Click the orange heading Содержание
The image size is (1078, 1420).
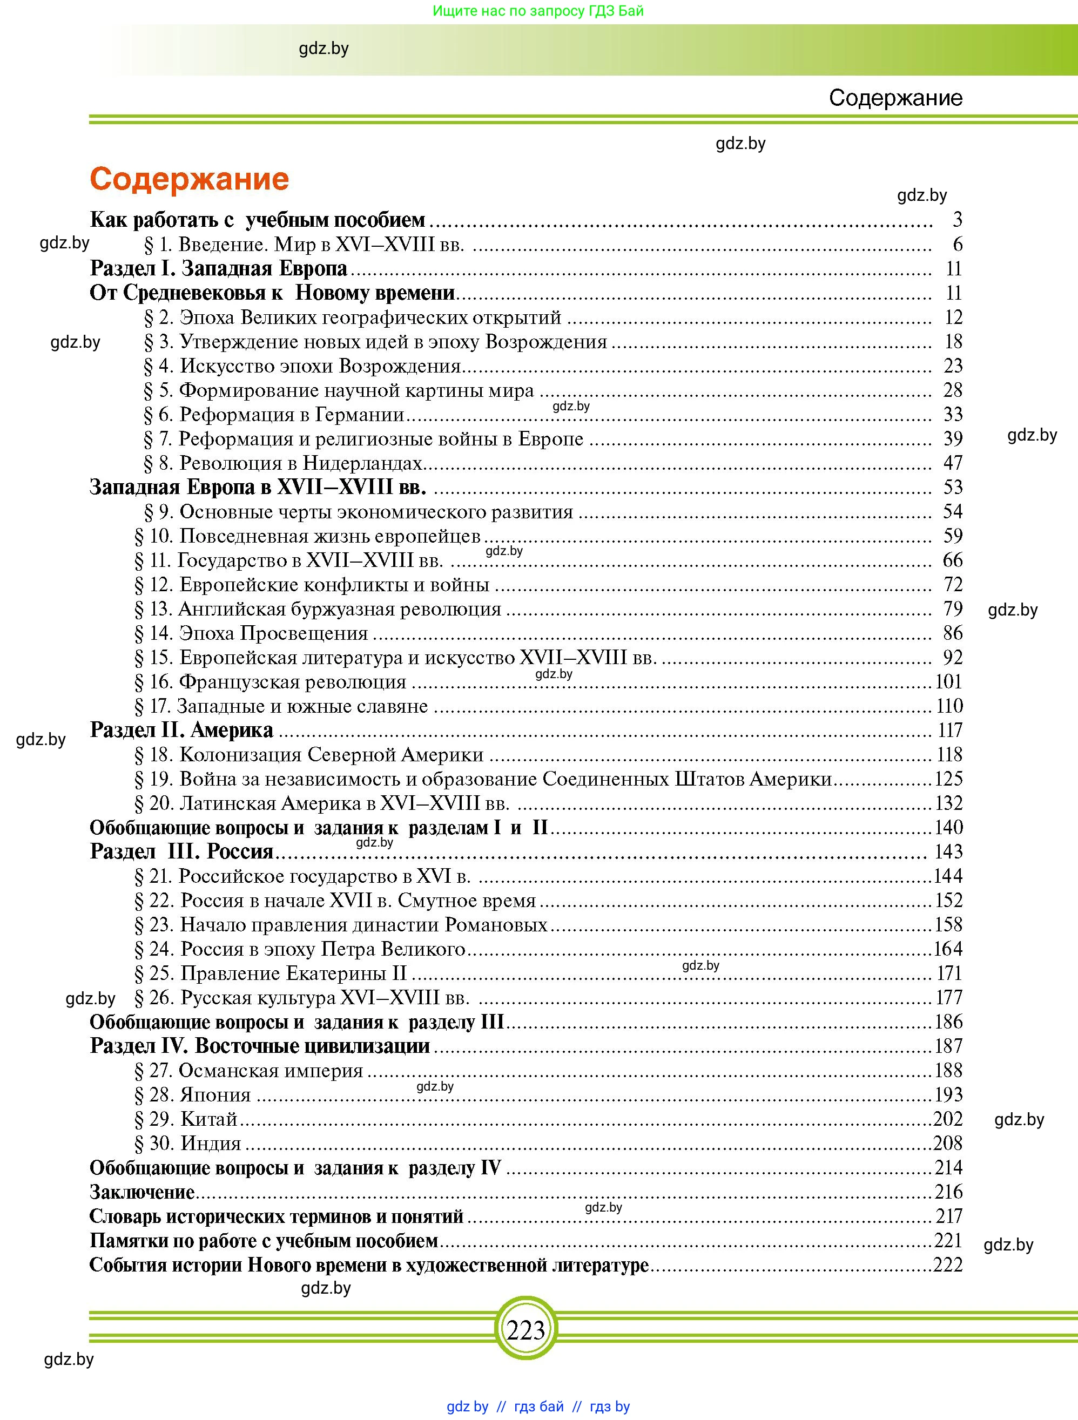point(190,179)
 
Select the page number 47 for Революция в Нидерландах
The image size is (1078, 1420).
point(953,463)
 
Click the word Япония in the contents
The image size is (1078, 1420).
point(215,1094)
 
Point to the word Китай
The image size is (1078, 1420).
point(210,1119)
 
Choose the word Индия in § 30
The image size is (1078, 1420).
point(211,1144)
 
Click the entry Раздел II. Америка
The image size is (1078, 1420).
point(181,730)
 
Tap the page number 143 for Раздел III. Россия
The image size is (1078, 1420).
point(948,851)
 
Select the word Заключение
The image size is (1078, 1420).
point(142,1192)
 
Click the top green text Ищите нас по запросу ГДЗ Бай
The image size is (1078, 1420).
point(538,11)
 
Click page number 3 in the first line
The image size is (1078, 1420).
point(958,220)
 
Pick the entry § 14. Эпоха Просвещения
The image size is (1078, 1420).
point(251,634)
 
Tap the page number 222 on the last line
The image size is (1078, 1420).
point(948,1265)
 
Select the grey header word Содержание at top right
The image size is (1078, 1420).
point(895,98)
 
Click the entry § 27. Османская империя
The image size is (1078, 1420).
point(249,1070)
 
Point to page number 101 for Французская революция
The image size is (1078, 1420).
point(949,682)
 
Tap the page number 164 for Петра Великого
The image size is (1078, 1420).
point(948,949)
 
